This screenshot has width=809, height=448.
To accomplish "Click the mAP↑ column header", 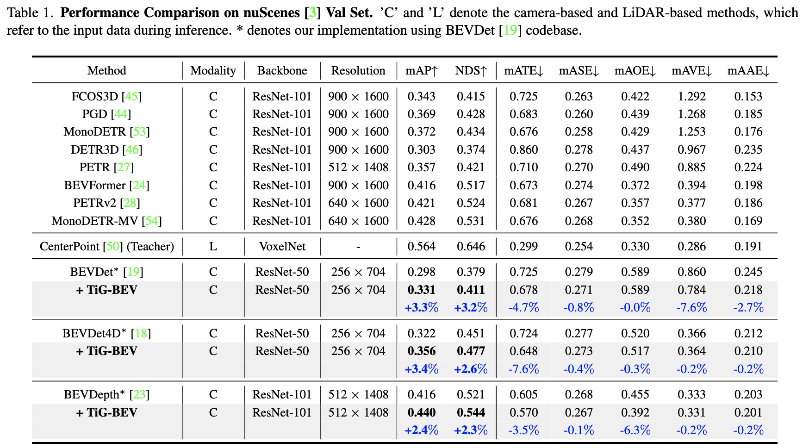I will pyautogui.click(x=421, y=71).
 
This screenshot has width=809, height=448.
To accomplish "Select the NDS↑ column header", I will pyautogui.click(x=471, y=71).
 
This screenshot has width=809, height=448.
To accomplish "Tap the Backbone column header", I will pyautogui.click(x=282, y=71).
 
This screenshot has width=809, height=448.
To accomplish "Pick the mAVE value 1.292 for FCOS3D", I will pyautogui.click(x=691, y=96).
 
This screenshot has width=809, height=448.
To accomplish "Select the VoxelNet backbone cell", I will pyautogui.click(x=282, y=246).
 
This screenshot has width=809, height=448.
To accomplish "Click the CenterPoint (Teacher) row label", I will pyautogui.click(x=106, y=246).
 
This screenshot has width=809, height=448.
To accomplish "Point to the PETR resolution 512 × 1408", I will pyautogui.click(x=358, y=168).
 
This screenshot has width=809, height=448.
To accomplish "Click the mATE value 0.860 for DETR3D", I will pyautogui.click(x=523, y=149).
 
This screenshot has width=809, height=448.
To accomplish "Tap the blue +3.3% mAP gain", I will pyautogui.click(x=421, y=308).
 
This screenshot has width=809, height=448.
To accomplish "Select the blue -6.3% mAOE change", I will pyautogui.click(x=635, y=430).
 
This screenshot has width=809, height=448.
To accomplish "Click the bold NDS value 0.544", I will pyautogui.click(x=471, y=412).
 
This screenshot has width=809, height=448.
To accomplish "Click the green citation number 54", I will pyautogui.click(x=152, y=221).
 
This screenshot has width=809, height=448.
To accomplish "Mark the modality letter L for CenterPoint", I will pyautogui.click(x=213, y=246).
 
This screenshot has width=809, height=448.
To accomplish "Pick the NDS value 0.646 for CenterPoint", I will pyautogui.click(x=471, y=246).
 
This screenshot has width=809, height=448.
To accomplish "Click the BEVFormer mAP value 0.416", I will pyautogui.click(x=421, y=186).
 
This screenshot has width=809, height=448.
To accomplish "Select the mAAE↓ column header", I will pyautogui.click(x=748, y=71).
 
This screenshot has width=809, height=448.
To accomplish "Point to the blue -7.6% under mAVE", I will pyautogui.click(x=691, y=308).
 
